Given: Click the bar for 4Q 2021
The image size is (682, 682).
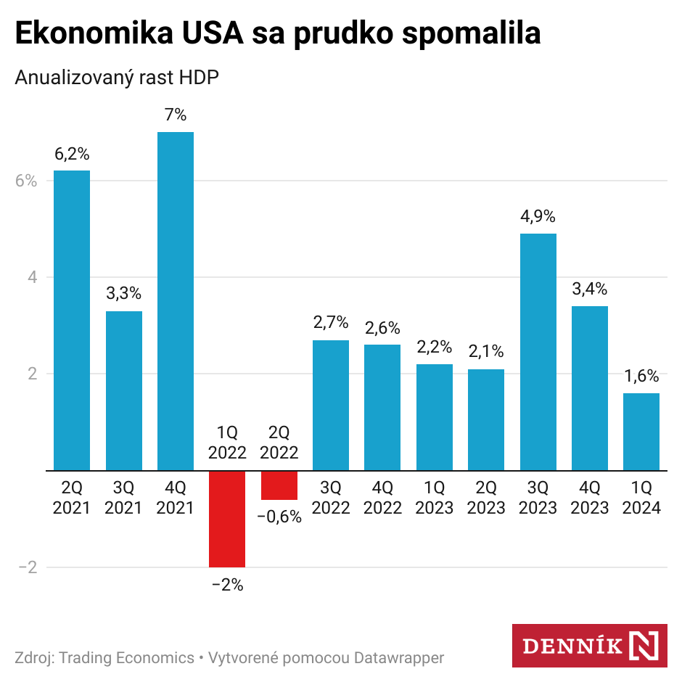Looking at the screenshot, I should [176, 301].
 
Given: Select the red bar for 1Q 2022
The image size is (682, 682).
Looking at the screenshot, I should [227, 519].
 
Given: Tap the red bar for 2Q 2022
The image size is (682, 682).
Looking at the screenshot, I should [279, 485].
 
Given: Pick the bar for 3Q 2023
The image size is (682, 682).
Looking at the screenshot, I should [538, 352].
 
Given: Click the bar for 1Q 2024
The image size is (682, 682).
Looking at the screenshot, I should [641, 432].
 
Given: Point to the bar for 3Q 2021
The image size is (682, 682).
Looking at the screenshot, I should [124, 390].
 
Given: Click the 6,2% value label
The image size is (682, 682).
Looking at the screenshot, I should [72, 154].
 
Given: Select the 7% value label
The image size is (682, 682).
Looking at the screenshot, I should [176, 115].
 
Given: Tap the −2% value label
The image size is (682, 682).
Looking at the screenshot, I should [227, 585].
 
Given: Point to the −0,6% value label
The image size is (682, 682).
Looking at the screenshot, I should [279, 518].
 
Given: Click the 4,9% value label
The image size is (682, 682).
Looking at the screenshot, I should [538, 216].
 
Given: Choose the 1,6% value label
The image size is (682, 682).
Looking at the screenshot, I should [641, 376].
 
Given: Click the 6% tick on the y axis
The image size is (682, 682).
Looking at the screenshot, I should [25, 181].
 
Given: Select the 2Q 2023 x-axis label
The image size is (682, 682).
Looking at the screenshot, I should [486, 497].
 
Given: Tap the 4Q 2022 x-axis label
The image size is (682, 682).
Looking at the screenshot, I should [382, 497].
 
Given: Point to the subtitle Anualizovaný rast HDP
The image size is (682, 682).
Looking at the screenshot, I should [117, 78].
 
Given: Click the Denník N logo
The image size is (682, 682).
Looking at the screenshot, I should [589, 645].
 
